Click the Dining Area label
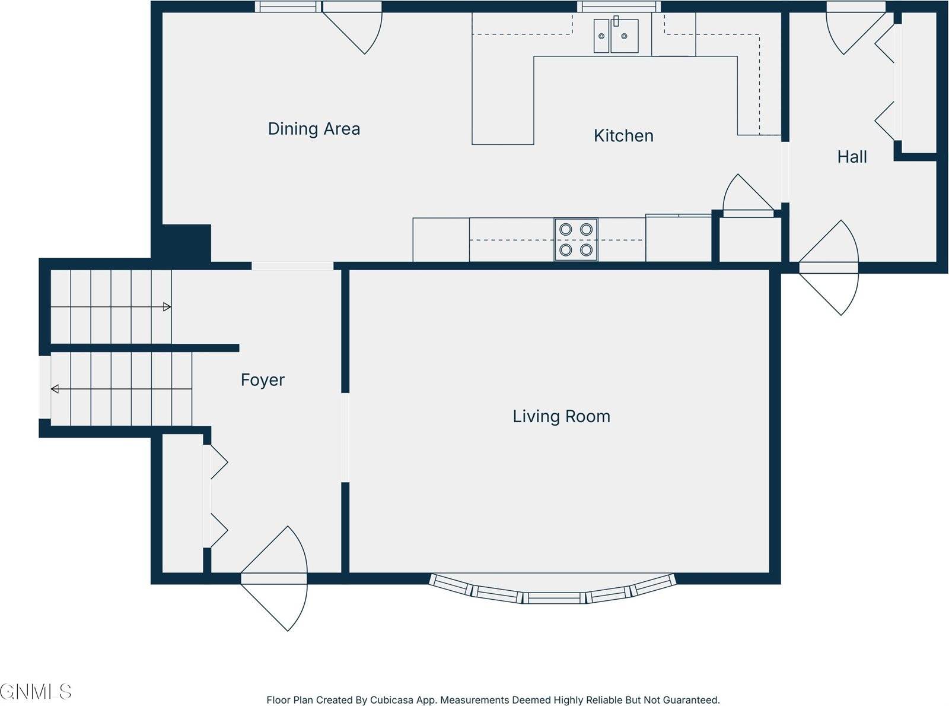(x=314, y=129)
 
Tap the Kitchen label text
(x=623, y=136)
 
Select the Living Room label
(x=561, y=416)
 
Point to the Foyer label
(x=262, y=380)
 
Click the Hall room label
(x=852, y=157)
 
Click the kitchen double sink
(x=616, y=36)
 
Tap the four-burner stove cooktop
(x=576, y=240)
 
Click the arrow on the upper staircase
(x=167, y=307)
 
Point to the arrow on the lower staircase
(x=55, y=389)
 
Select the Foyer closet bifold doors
(x=216, y=496)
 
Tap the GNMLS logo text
(x=36, y=691)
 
